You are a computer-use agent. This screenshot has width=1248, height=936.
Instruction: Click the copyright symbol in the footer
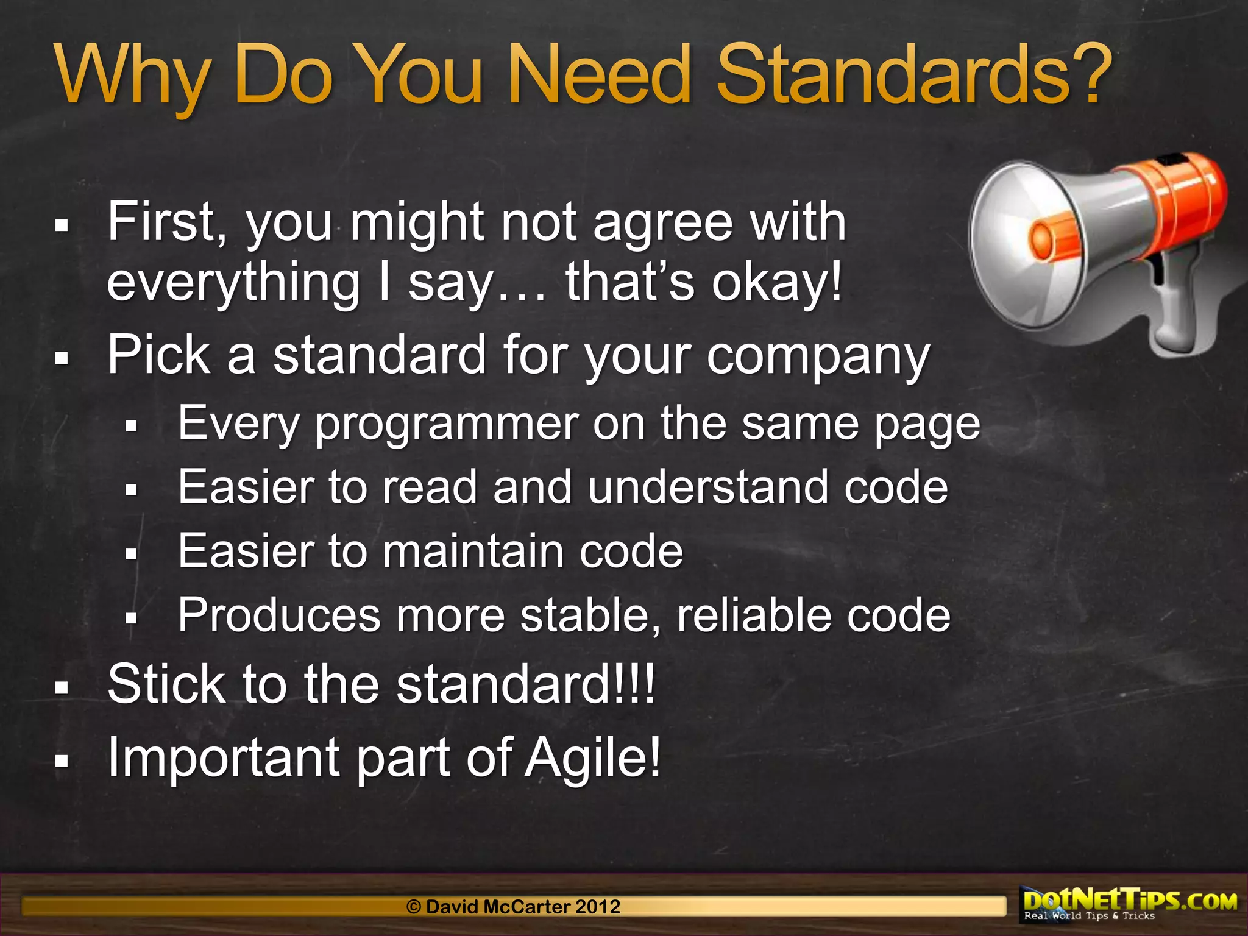click(x=414, y=907)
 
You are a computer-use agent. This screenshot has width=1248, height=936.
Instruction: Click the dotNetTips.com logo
click(x=1130, y=904)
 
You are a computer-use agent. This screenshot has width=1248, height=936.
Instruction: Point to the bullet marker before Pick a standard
click(x=61, y=358)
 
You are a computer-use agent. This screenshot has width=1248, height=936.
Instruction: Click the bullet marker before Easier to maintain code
click(x=131, y=553)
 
